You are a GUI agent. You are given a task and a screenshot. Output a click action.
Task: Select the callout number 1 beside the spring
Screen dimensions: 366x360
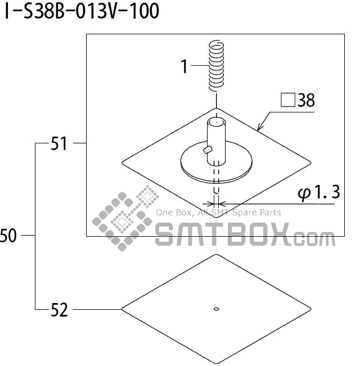tap(184, 66)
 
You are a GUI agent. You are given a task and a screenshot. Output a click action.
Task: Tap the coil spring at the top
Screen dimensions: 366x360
tap(214, 65)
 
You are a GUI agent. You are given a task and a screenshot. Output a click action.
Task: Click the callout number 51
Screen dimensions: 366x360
tap(59, 144)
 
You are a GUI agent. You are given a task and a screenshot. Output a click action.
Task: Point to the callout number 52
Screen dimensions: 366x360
tap(59, 310)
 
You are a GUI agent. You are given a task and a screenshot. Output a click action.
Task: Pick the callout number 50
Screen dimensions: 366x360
tap(8, 236)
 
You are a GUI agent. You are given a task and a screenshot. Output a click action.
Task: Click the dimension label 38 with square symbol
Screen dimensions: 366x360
tap(298, 101)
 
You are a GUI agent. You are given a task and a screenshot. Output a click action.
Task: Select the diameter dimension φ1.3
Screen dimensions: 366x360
tap(318, 193)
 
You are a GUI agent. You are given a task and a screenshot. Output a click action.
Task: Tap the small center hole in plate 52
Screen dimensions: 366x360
tap(217, 308)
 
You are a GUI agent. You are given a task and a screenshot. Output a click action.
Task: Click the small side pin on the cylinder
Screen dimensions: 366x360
tap(208, 149)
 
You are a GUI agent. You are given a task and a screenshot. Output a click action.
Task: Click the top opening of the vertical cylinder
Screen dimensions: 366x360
tap(217, 120)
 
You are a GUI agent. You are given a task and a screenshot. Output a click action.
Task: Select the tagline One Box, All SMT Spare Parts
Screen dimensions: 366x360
tap(218, 213)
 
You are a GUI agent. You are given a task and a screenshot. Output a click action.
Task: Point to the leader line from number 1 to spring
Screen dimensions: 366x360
tap(199, 66)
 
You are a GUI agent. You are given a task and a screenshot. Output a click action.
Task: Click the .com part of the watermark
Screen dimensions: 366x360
tap(314, 239)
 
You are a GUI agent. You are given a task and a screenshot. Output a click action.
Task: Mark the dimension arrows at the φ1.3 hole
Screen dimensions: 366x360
tap(217, 203)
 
